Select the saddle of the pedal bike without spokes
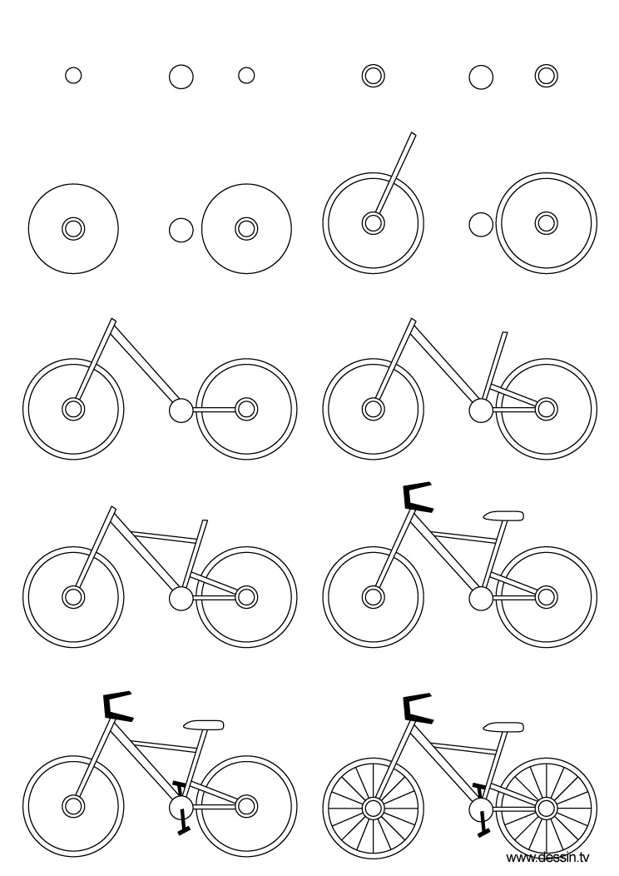click(204, 724)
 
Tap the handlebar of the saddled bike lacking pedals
click(416, 497)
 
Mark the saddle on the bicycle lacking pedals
click(503, 515)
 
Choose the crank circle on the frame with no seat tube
click(180, 409)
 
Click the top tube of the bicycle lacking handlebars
click(166, 535)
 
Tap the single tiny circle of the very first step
click(73, 76)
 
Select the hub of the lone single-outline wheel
click(73, 228)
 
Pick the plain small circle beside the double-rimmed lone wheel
click(480, 223)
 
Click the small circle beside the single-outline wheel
click(181, 229)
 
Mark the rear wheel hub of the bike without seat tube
click(246, 409)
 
